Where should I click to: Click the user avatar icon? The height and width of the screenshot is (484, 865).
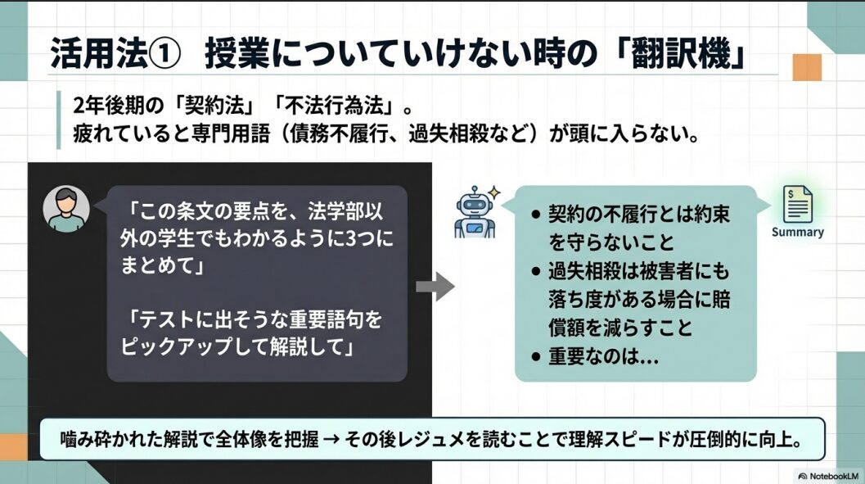[x=66, y=209]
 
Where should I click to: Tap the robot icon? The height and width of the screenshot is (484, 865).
[x=475, y=212]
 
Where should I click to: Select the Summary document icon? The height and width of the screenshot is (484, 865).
[x=797, y=204]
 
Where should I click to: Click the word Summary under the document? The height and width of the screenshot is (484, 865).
[x=797, y=232]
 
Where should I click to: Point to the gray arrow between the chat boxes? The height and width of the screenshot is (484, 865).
[x=435, y=287]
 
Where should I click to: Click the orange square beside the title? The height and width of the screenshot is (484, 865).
[x=807, y=67]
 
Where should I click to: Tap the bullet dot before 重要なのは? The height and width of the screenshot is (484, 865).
[x=536, y=357]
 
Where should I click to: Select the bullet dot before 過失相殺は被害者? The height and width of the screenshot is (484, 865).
[x=536, y=272]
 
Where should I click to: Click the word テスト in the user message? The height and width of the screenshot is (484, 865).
[x=165, y=319]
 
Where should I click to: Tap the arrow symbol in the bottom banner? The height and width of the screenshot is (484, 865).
[x=331, y=440]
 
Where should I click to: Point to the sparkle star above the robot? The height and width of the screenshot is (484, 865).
[x=494, y=192]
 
